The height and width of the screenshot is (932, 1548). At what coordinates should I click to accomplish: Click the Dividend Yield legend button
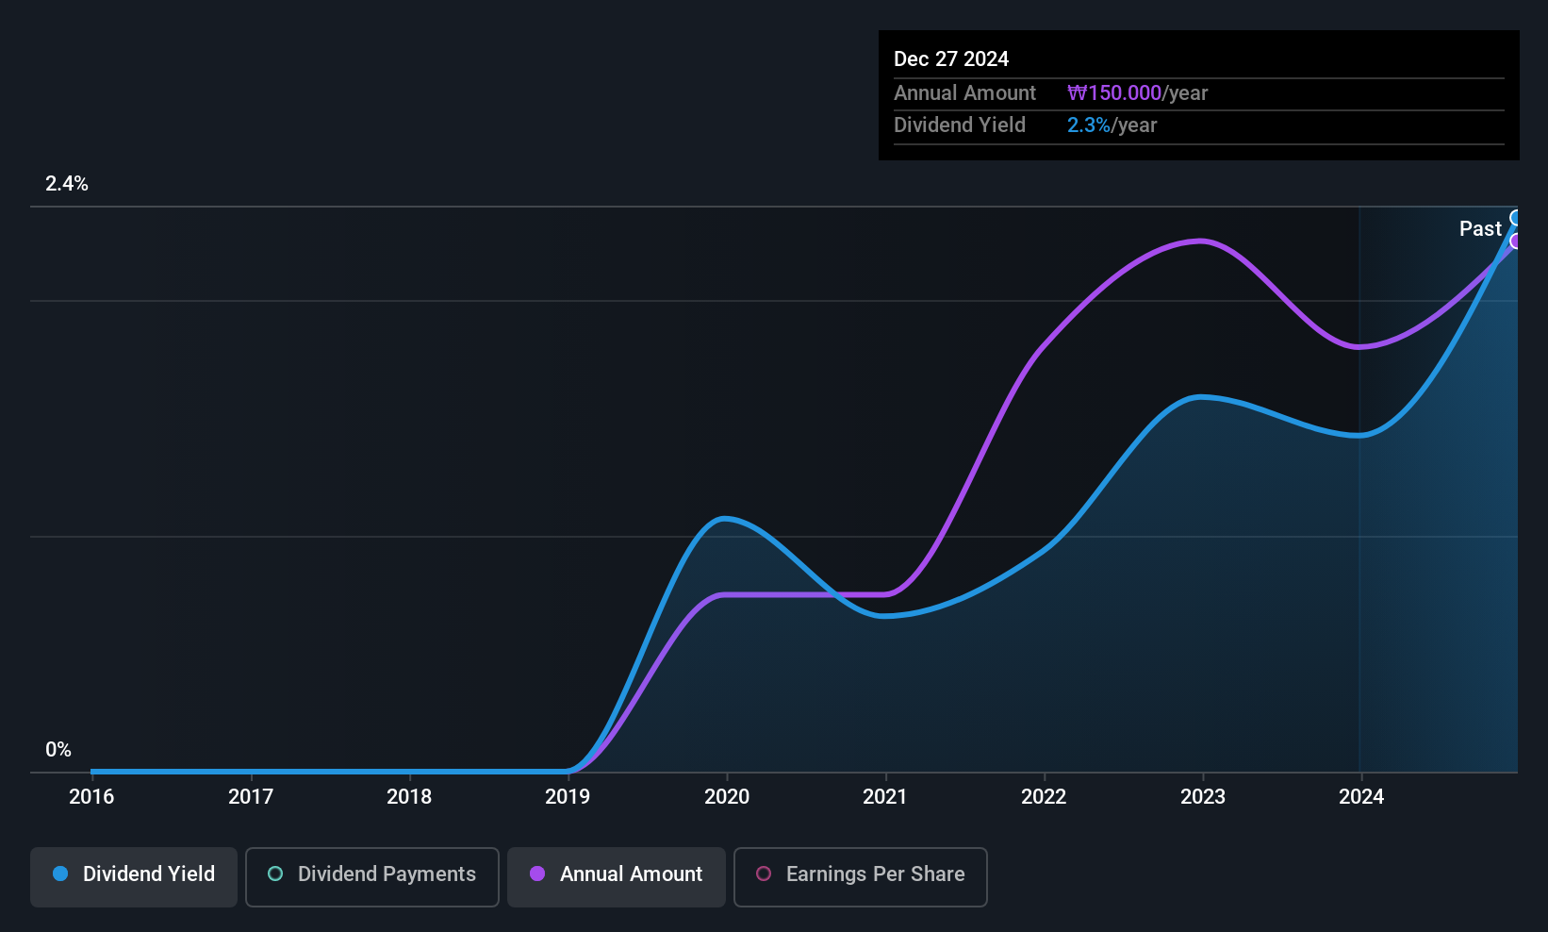click(x=133, y=876)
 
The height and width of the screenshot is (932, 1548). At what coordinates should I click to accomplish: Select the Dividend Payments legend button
click(x=371, y=876)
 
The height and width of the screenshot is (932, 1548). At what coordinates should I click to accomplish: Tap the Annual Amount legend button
click(x=617, y=876)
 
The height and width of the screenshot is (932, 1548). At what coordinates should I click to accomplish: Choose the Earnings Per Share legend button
click(x=861, y=876)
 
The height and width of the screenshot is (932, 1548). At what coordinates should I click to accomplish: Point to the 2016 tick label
click(x=91, y=796)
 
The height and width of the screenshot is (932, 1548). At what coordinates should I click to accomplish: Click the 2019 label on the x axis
click(x=568, y=796)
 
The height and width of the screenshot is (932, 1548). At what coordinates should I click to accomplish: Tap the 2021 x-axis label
click(x=884, y=796)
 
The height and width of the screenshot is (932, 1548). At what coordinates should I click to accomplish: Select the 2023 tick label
click(x=1202, y=796)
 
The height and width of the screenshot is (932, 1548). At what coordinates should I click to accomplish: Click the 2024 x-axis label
click(x=1361, y=796)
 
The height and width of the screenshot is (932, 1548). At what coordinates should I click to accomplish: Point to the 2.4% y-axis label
click(x=66, y=184)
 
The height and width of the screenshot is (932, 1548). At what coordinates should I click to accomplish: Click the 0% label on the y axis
click(x=58, y=750)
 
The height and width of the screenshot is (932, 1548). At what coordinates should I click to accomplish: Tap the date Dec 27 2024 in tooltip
click(x=951, y=59)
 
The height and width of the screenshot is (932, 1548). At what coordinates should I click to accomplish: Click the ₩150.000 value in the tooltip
click(x=1114, y=92)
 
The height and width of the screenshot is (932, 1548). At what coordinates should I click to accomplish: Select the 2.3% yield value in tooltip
click(x=1089, y=125)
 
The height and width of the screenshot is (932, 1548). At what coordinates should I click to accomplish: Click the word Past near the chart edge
click(x=1480, y=229)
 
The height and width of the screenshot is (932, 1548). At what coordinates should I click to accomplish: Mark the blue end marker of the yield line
click(x=1515, y=218)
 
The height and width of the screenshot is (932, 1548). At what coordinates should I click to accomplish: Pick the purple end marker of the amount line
click(x=1515, y=241)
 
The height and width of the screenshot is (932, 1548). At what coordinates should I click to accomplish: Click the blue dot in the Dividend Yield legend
click(x=61, y=874)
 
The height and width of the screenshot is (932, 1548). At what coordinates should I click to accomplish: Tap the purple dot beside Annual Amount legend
click(x=537, y=874)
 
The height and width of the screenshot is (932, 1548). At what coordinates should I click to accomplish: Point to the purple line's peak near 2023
click(x=1201, y=241)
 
